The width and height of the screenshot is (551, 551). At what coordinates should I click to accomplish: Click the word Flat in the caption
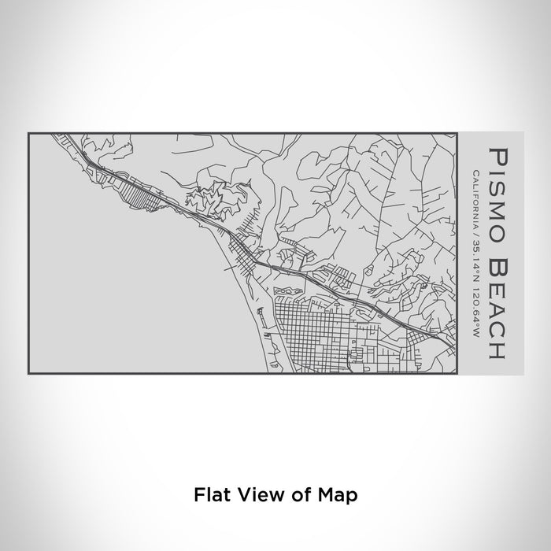pyautogui.click(x=209, y=495)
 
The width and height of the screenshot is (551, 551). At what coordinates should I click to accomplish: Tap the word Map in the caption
pyautogui.click(x=339, y=495)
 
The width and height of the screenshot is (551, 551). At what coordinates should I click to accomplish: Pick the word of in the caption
pyautogui.click(x=296, y=495)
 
